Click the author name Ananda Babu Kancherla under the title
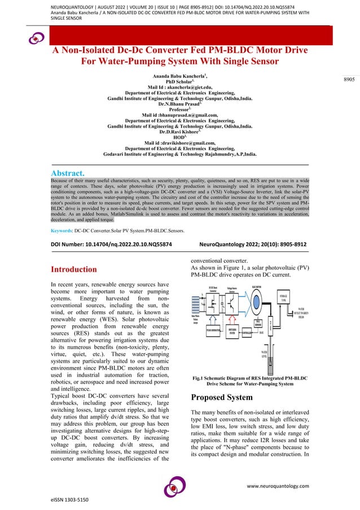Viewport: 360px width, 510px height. pyautogui.click(x=178, y=75)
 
